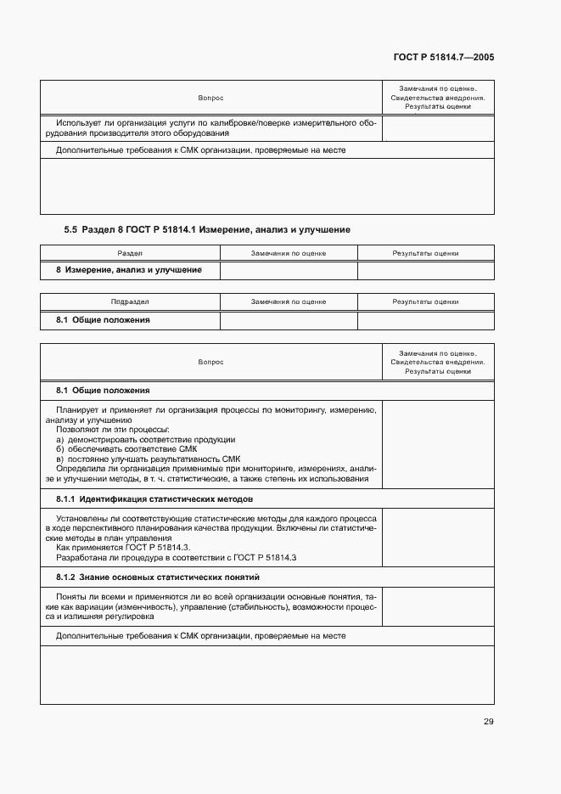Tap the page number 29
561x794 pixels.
(x=488, y=722)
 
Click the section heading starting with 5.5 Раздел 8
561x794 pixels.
(x=207, y=229)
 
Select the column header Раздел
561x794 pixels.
(x=130, y=253)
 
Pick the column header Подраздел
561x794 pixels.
(x=130, y=301)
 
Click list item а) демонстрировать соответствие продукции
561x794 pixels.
(x=145, y=440)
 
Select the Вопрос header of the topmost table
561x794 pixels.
(x=210, y=99)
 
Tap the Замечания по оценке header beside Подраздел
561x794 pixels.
(x=289, y=301)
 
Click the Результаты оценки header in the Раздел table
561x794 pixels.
(x=425, y=253)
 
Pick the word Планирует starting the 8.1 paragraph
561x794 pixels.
(x=76, y=410)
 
